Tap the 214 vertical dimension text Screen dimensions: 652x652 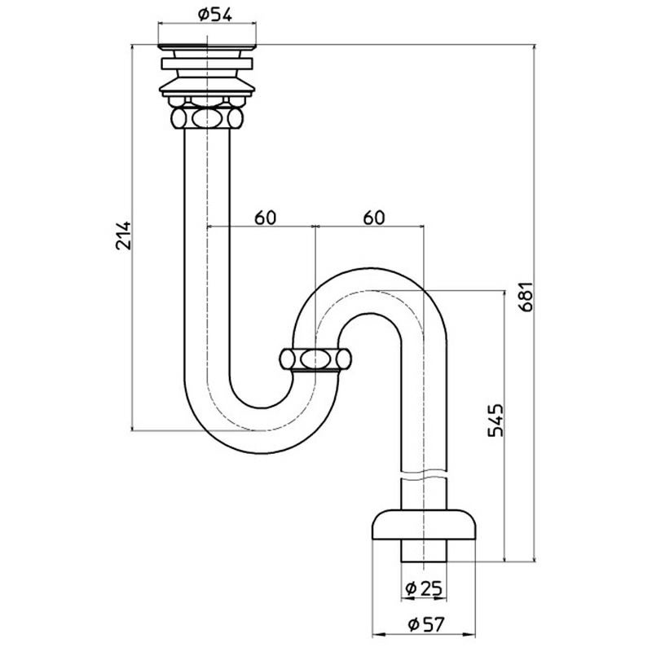[x=122, y=236]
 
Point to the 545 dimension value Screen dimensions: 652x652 [x=496, y=422]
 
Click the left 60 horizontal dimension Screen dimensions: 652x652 [x=266, y=218]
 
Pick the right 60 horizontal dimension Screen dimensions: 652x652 [x=373, y=218]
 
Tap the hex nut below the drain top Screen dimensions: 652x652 [x=208, y=119]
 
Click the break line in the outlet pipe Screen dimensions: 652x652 [x=424, y=474]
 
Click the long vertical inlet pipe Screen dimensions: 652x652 [x=208, y=244]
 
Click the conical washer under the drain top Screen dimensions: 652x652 [x=208, y=86]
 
